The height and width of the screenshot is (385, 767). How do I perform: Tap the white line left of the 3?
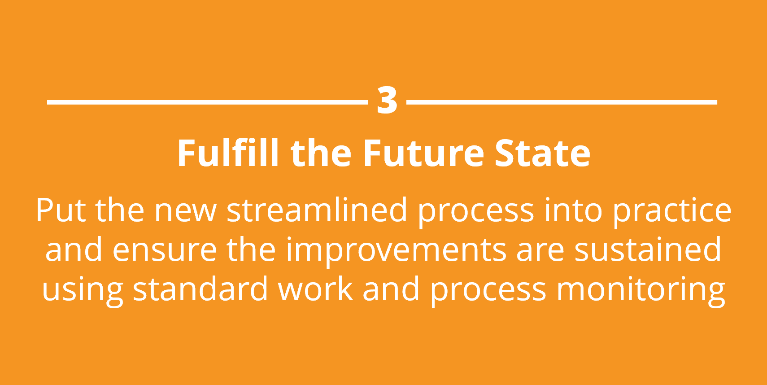tap(208, 102)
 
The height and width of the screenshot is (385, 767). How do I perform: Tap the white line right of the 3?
tap(562, 102)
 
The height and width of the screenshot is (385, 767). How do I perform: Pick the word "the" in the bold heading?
tap(321, 153)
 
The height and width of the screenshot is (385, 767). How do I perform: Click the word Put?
tap(61, 210)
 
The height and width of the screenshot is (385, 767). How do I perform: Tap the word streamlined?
tap(317, 210)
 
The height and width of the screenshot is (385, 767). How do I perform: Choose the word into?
tap(573, 210)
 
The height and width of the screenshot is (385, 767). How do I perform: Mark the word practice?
tap(671, 212)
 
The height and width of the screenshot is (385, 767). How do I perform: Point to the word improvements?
tap(396, 252)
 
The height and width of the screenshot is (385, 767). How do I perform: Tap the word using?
tap(82, 291)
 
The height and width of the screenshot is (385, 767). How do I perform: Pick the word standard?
tap(200, 289)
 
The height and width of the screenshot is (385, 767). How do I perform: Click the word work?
tap(315, 289)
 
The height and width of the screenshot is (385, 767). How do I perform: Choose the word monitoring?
tap(641, 291)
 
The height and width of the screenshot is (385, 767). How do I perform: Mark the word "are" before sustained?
tap(540, 252)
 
